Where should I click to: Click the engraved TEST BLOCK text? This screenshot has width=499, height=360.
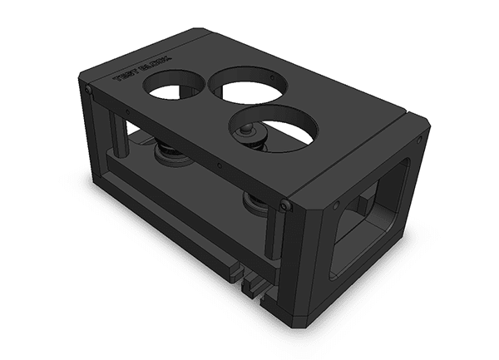(141, 70)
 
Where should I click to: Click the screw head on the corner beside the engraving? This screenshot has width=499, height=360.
(88, 89)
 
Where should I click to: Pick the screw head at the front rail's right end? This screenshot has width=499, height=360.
(286, 205)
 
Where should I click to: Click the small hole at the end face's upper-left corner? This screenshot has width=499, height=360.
(335, 204)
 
